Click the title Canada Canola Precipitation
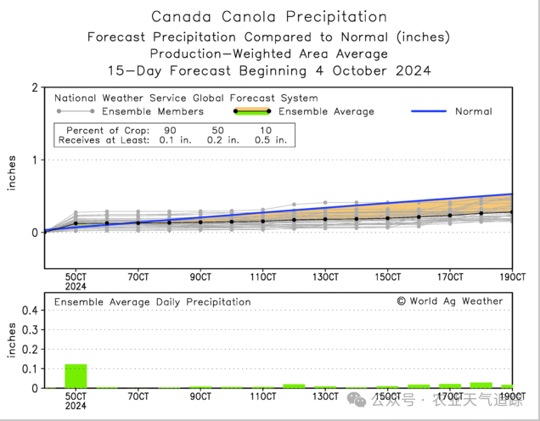pos(268,16)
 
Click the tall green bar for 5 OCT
pos(76,376)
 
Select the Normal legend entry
pos(473,111)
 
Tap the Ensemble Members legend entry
pos(152,111)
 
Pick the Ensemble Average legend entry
pos(326,111)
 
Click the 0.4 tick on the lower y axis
pos(27,311)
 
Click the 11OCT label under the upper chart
pos(263,277)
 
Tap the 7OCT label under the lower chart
pos(138,396)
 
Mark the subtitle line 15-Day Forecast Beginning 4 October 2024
pos(268,70)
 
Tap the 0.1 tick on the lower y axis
pos(27,368)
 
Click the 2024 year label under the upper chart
pos(76,286)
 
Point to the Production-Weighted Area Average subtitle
pos(268,53)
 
